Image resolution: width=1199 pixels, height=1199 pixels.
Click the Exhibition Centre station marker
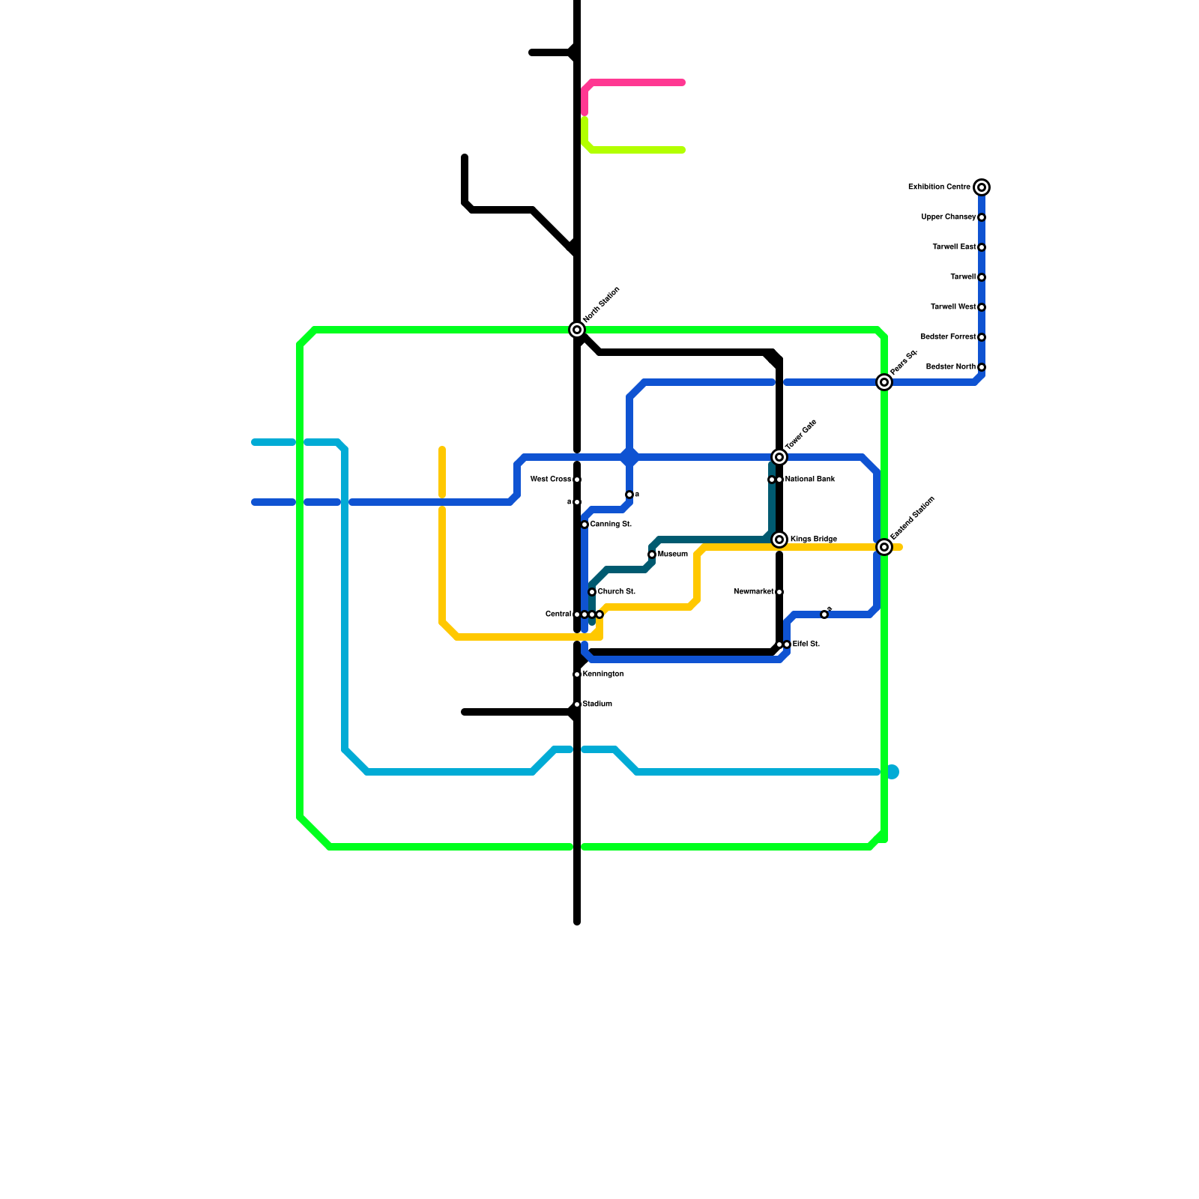(x=982, y=187)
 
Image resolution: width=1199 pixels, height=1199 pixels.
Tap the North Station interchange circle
(x=577, y=330)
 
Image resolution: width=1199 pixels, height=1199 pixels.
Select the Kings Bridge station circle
(x=779, y=540)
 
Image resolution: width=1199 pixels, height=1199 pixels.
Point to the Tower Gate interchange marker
(x=779, y=457)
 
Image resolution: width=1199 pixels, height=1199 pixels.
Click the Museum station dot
(x=652, y=555)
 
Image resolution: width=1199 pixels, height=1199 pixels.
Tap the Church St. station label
(x=616, y=592)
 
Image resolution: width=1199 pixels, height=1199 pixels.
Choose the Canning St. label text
(x=610, y=525)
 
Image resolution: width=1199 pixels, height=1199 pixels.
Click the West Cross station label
(x=550, y=480)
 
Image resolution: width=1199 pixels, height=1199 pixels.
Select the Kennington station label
(x=602, y=674)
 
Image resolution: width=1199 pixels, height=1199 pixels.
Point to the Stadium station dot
(x=577, y=704)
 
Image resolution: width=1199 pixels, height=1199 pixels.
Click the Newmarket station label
(x=753, y=592)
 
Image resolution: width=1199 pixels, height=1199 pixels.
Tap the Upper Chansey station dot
(x=982, y=217)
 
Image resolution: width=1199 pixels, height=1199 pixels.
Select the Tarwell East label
(x=954, y=247)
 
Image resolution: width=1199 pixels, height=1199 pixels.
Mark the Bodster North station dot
(x=982, y=367)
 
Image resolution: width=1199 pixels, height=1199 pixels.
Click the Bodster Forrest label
(x=948, y=337)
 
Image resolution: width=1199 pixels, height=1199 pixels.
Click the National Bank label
(x=809, y=480)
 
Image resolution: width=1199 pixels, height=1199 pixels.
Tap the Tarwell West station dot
(x=982, y=307)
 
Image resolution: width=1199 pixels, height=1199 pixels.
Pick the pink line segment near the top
(x=637, y=82)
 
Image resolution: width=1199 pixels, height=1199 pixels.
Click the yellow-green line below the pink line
(x=637, y=150)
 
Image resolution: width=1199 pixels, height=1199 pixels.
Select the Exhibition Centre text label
(x=939, y=187)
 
